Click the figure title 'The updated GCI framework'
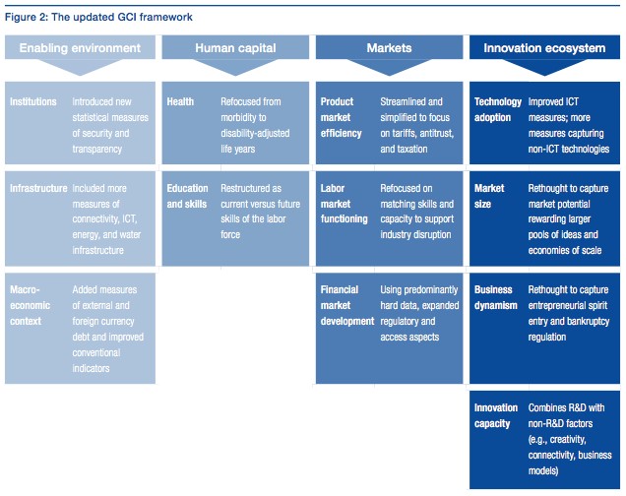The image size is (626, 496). (x=122, y=17)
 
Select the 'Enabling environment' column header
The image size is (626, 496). (x=80, y=48)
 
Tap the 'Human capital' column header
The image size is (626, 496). (x=235, y=48)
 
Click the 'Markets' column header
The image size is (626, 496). (x=389, y=48)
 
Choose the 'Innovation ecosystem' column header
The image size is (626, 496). (x=544, y=48)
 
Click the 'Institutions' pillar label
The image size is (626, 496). (x=33, y=101)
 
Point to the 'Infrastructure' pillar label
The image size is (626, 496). (x=38, y=188)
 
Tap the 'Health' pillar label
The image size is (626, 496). (x=180, y=101)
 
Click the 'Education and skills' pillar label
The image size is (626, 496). (x=187, y=196)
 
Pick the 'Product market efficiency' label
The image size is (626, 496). (x=341, y=117)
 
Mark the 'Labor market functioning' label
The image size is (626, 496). (x=344, y=204)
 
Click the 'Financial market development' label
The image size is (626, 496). (x=347, y=305)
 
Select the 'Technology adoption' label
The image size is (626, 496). (x=498, y=109)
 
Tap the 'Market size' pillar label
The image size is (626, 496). (x=489, y=196)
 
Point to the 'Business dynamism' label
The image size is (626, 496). (x=495, y=297)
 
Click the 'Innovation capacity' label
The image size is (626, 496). (x=496, y=415)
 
